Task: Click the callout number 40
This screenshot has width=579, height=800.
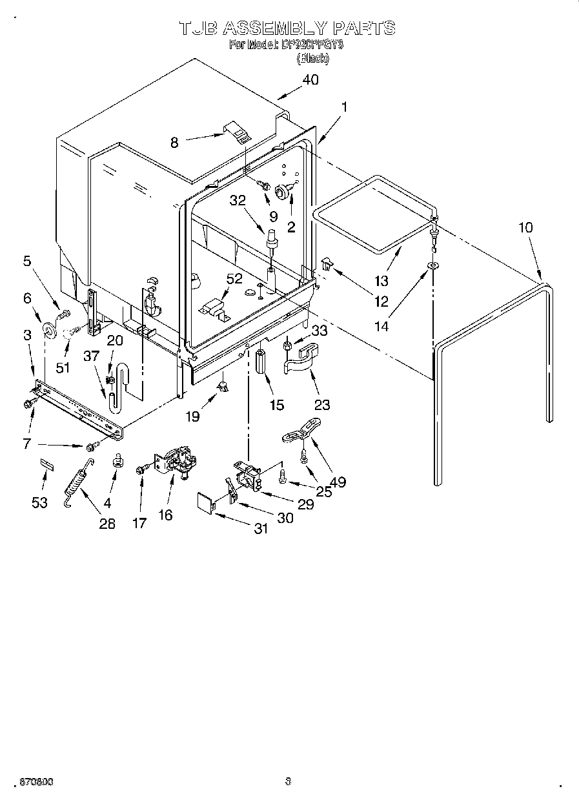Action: (x=310, y=81)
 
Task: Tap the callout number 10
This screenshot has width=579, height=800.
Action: (x=525, y=227)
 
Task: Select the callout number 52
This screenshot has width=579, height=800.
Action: (x=235, y=280)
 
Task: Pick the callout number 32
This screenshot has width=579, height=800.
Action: (x=238, y=201)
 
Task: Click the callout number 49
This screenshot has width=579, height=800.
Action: (x=337, y=481)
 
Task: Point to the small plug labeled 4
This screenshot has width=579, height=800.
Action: (x=117, y=460)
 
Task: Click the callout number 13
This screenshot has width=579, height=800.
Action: (x=381, y=280)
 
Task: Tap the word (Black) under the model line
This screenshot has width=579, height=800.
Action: (x=312, y=58)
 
